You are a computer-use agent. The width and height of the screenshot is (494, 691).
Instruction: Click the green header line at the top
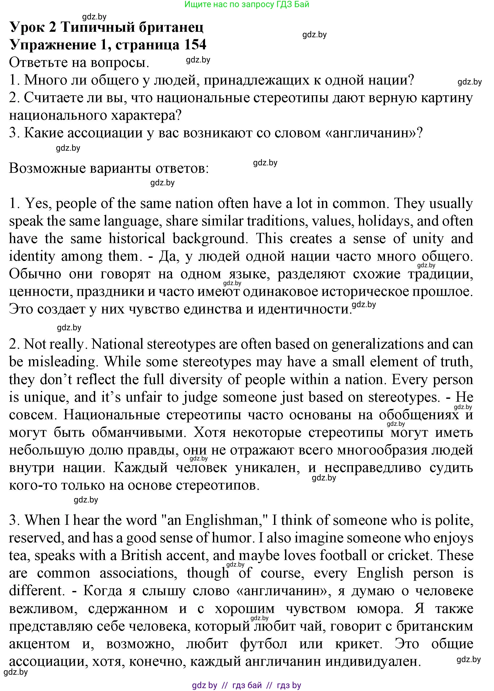[247, 4]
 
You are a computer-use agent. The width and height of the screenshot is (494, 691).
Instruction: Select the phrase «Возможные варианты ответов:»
[109, 168]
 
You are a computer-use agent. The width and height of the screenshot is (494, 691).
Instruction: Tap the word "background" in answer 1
[209, 239]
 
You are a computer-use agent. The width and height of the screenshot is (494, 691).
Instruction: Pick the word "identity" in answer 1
[32, 256]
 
